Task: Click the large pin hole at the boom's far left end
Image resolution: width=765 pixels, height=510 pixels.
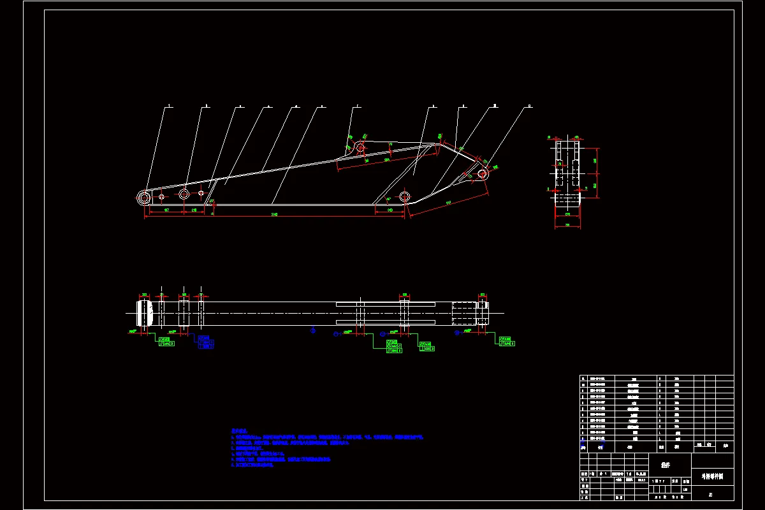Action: (145, 197)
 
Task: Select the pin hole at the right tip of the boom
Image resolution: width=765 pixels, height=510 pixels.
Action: (482, 173)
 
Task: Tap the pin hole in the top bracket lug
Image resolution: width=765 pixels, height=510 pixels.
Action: (360, 148)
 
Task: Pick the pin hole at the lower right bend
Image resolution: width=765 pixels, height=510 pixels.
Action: (404, 196)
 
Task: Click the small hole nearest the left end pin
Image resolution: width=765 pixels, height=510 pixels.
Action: (161, 196)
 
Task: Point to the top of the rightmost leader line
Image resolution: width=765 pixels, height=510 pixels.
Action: (528, 107)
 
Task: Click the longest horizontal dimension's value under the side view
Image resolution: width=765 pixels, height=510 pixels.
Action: (274, 214)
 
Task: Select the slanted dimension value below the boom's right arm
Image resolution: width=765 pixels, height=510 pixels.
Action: (448, 203)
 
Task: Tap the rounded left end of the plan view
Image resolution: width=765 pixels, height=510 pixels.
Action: (145, 312)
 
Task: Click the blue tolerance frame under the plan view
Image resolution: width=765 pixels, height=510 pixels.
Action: (205, 342)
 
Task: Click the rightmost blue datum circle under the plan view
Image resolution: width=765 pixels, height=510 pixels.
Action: (456, 332)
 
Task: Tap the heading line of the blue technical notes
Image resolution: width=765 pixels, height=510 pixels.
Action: (239, 432)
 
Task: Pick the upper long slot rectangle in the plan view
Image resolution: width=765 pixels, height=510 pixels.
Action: (385, 303)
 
